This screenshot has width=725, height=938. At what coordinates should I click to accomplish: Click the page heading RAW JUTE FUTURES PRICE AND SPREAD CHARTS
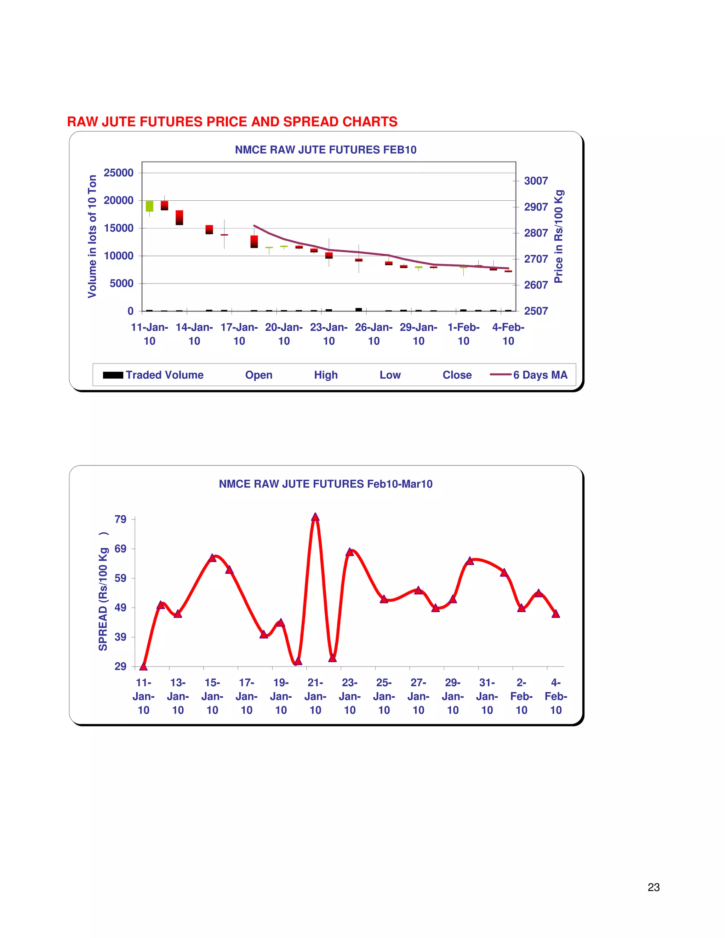click(x=232, y=122)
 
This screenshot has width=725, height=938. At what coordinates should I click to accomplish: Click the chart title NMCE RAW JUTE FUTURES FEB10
click(x=326, y=150)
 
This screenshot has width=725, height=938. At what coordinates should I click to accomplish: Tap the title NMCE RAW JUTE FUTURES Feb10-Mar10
click(x=326, y=484)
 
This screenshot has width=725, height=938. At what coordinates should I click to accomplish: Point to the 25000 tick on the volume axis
click(x=119, y=173)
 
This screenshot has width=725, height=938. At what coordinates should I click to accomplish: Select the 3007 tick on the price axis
click(x=536, y=181)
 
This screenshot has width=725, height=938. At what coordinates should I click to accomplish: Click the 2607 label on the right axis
click(x=536, y=285)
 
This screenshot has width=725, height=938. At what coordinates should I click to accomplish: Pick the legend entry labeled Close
click(x=457, y=375)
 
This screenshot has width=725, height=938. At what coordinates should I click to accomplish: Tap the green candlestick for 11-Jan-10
click(x=149, y=206)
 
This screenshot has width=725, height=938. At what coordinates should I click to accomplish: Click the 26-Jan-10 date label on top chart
click(x=374, y=334)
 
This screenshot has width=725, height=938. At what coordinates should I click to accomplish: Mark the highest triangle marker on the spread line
click(x=315, y=517)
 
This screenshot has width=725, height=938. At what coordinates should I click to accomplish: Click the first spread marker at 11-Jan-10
click(x=143, y=667)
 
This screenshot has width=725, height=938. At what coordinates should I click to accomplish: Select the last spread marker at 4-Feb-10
click(x=556, y=614)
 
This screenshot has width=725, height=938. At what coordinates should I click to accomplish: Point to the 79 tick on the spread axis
click(x=120, y=520)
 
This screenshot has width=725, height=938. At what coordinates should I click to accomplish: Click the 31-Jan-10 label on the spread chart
click(x=487, y=696)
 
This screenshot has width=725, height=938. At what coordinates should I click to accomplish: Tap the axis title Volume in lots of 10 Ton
click(x=92, y=236)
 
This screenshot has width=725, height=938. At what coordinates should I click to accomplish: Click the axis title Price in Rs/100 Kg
click(x=558, y=236)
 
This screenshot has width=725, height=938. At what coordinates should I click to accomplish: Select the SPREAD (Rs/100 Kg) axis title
click(x=103, y=593)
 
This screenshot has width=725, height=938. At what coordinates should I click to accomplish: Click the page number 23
click(x=653, y=887)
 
